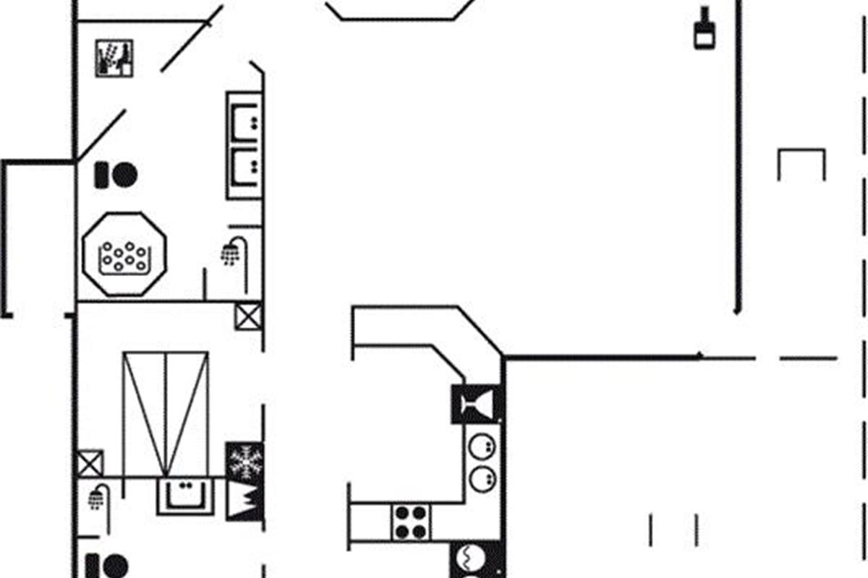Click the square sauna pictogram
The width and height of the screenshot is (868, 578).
(x=114, y=59)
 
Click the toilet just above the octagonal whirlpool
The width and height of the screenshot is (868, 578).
(x=116, y=175)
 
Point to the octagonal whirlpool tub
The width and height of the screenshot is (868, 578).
(x=124, y=254)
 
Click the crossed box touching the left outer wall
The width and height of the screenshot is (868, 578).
(x=90, y=463)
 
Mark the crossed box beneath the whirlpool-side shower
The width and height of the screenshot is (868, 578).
(x=247, y=316)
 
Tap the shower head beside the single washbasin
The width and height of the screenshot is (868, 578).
(x=97, y=497)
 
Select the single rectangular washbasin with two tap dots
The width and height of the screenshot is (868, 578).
(x=186, y=496)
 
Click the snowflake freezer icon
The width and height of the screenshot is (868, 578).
(x=244, y=462)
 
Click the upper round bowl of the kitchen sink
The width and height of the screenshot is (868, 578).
(x=481, y=447)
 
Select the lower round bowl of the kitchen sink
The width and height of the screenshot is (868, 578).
(x=481, y=478)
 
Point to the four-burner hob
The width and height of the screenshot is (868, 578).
(x=411, y=522)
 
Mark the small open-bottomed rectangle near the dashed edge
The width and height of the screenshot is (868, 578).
(x=801, y=164)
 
